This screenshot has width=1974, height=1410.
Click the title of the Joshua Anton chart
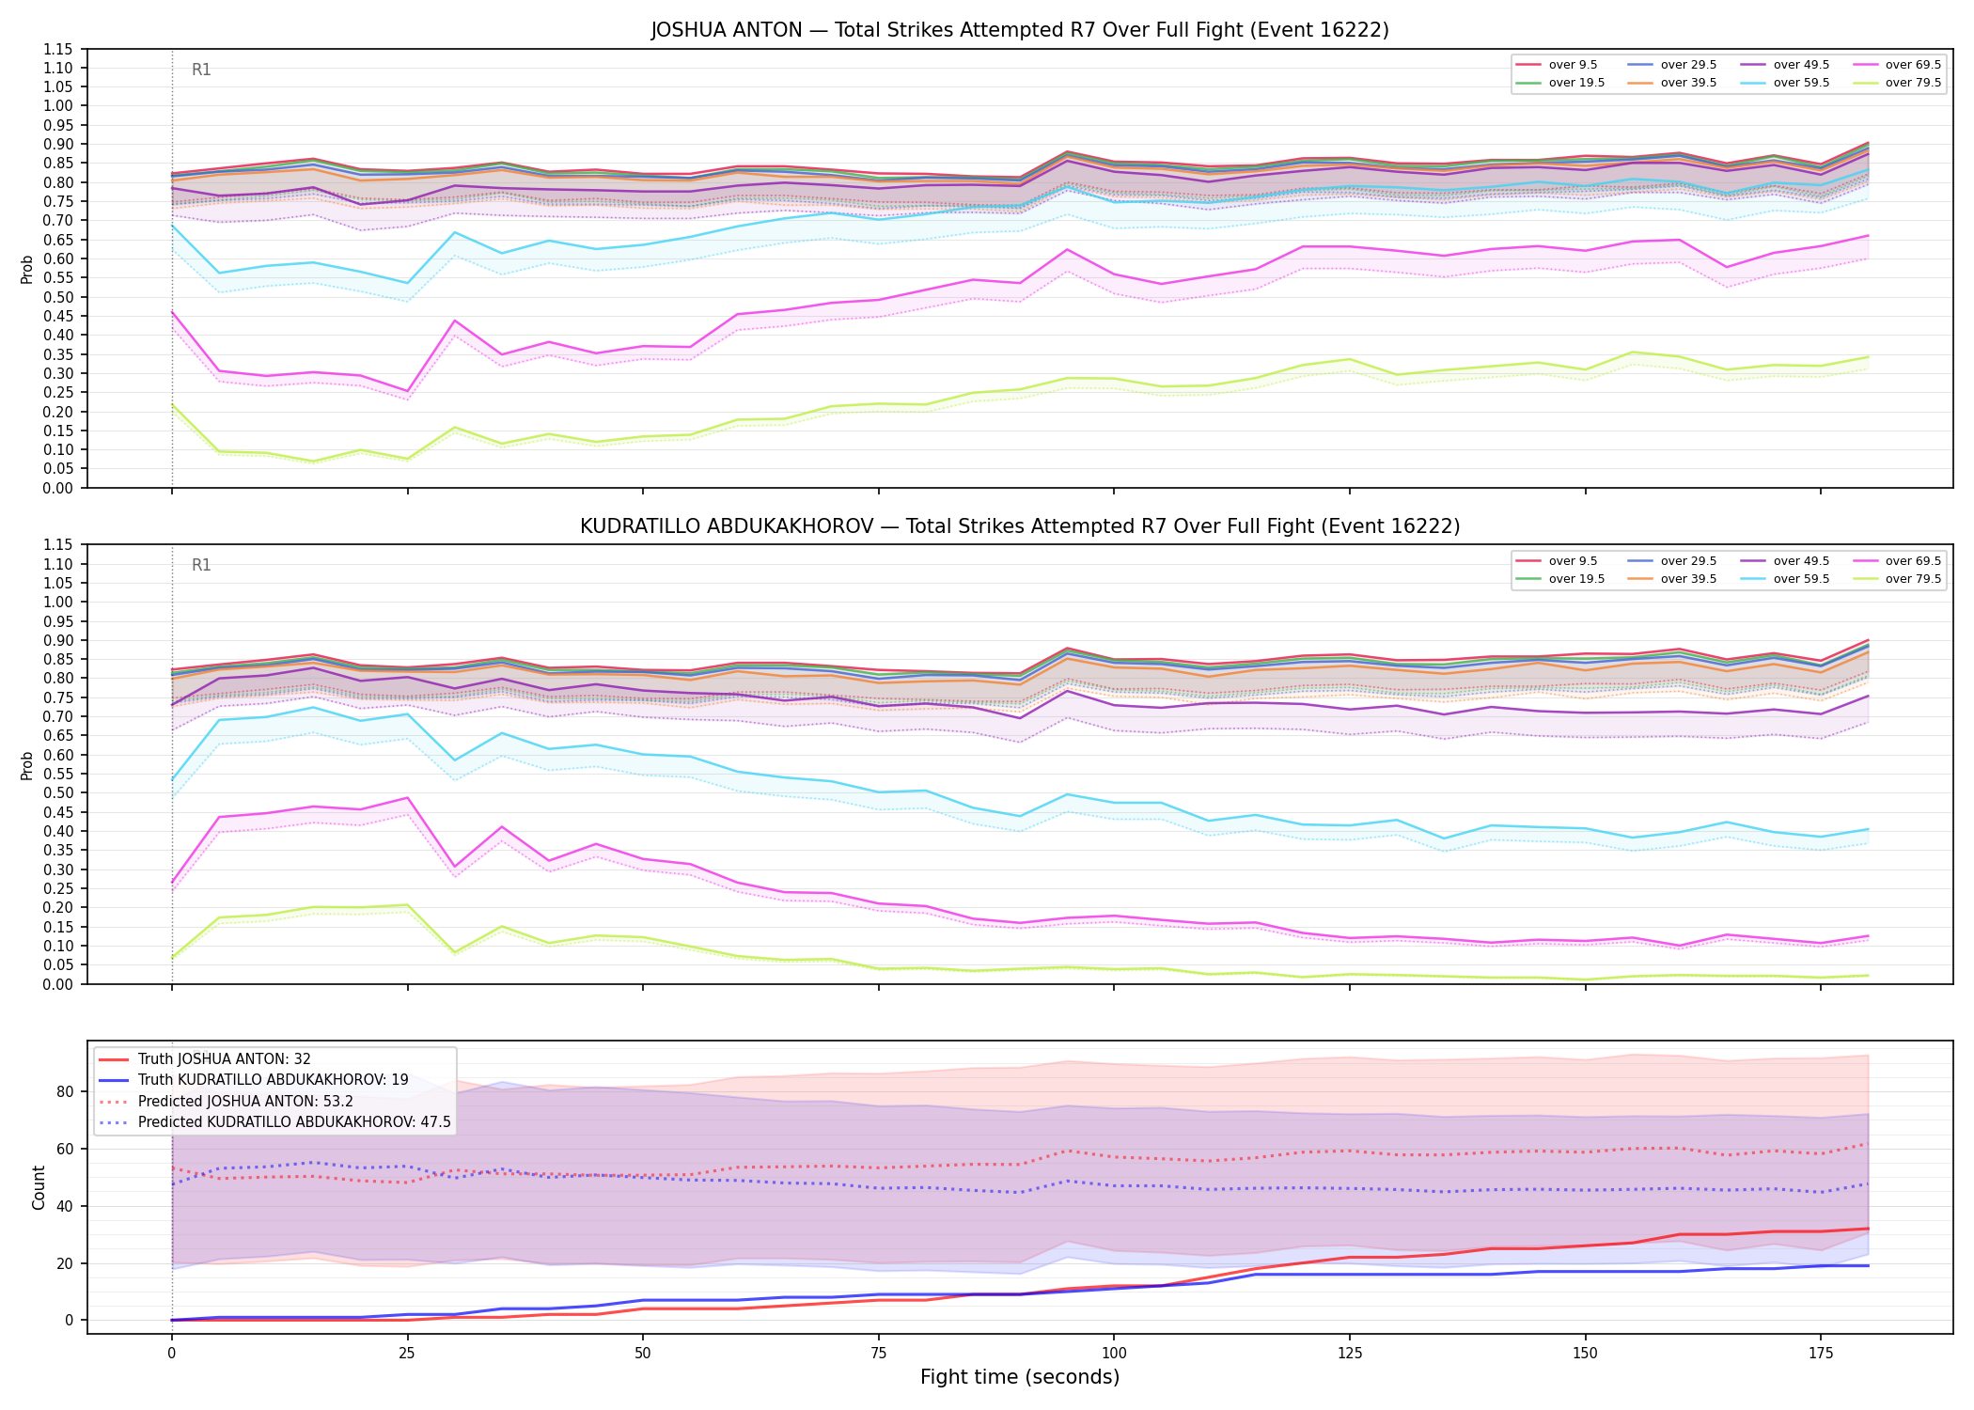click(1020, 30)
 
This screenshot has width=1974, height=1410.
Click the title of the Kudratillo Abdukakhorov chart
click(1020, 526)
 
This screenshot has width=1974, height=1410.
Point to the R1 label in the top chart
click(201, 70)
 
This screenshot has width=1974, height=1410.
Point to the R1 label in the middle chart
click(201, 565)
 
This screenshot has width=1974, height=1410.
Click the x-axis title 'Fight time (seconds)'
click(1020, 1377)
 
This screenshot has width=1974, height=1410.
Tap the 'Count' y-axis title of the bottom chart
click(39, 1187)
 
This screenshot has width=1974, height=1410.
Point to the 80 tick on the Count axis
click(65, 1091)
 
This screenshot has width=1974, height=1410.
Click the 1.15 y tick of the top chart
click(59, 49)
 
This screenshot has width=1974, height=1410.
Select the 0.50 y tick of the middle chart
click(59, 792)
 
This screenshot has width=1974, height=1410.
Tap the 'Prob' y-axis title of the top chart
click(27, 269)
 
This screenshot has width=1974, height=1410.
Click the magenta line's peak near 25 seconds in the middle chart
click(407, 798)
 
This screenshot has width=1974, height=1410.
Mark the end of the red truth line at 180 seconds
click(1868, 1229)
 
